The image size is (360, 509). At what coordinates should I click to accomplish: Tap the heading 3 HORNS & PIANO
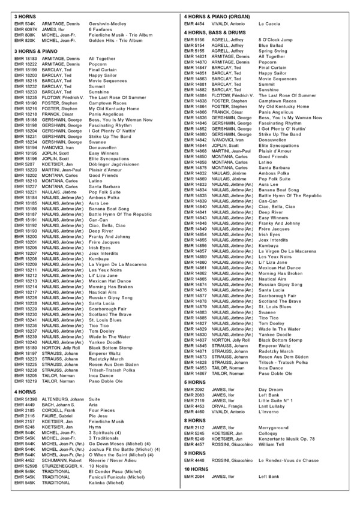tap(31, 52)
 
